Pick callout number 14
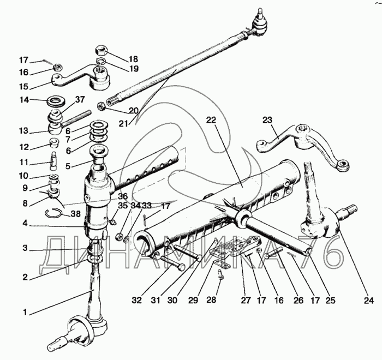24,100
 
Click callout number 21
123,124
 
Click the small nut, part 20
102,105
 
